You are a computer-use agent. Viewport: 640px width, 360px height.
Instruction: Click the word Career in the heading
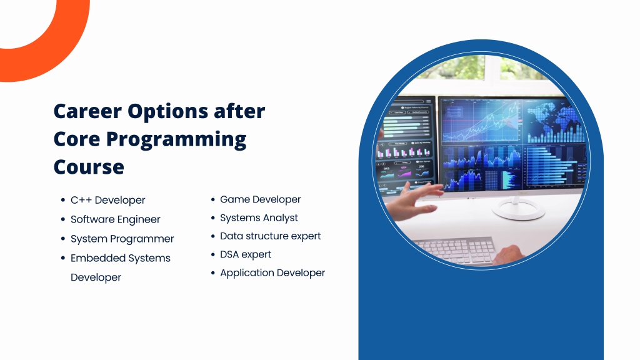[87, 111]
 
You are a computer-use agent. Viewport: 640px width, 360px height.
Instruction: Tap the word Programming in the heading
[176, 139]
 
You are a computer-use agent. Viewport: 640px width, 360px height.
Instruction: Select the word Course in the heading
[89, 167]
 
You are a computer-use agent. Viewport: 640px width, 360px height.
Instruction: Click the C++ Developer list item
[107, 200]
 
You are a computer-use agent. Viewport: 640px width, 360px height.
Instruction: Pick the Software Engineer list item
[116, 219]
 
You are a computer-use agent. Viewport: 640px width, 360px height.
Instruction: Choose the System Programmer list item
[122, 239]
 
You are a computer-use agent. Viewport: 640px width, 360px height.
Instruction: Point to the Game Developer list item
[261, 199]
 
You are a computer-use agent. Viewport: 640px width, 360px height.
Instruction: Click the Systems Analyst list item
[259, 218]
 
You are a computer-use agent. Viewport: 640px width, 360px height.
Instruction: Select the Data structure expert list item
[270, 236]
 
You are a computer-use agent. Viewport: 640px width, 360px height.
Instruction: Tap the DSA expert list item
[246, 254]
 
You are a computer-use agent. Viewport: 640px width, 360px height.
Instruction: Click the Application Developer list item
[272, 272]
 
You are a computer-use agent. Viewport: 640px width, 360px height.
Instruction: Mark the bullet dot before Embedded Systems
[63, 258]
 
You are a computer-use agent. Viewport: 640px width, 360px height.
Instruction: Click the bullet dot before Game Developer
[212, 199]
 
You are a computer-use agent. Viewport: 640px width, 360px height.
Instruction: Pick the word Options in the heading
[167, 112]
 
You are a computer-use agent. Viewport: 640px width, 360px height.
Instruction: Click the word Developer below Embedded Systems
[96, 277]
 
